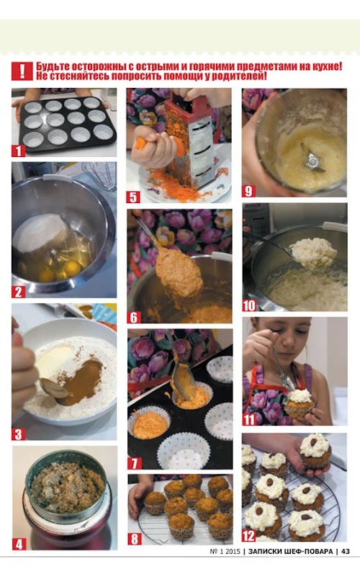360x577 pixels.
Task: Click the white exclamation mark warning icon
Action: [x=22, y=71]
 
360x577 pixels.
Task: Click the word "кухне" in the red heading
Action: [x=327, y=66]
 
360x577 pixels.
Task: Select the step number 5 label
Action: [x=133, y=197]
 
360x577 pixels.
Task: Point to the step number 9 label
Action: [x=248, y=191]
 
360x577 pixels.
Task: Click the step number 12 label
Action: [x=248, y=535]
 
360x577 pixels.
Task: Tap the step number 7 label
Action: [x=134, y=463]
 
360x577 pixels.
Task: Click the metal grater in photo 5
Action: [x=190, y=139]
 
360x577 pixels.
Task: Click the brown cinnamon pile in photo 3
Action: [x=83, y=381]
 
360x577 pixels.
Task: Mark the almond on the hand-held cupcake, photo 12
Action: [x=313, y=442]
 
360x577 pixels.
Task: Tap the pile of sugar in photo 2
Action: [x=40, y=233]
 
